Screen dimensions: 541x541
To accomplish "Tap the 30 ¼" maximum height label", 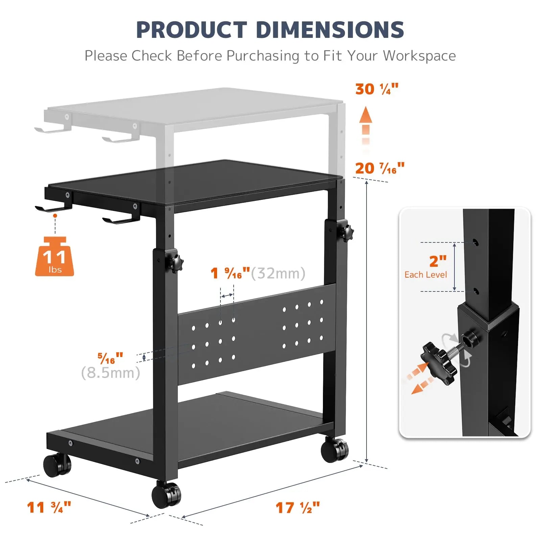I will point(377,89).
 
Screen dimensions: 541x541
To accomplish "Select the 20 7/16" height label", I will point(379,168).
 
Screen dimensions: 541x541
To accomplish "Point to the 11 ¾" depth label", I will point(49,508).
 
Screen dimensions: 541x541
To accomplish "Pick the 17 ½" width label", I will point(298,508).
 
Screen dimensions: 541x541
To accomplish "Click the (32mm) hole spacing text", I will point(278,273).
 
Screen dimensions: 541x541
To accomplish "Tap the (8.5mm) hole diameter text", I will point(111,373).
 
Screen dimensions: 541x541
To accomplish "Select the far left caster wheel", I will point(57,465).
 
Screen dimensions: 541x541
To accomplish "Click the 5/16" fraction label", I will point(110,358).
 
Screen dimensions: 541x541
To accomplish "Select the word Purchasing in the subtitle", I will point(262,56).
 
